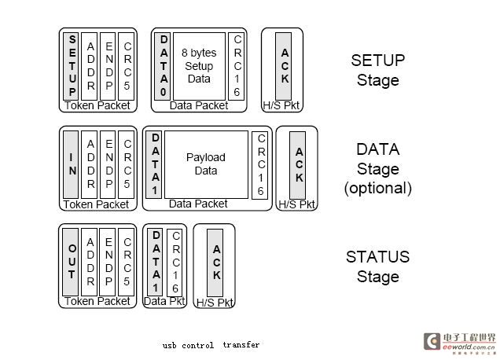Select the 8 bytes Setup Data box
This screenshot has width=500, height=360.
click(x=199, y=66)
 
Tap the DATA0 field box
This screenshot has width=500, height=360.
click(x=164, y=65)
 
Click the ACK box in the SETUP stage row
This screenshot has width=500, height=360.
click(x=285, y=66)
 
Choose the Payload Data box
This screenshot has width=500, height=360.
click(x=205, y=163)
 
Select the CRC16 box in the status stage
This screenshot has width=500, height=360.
click(x=175, y=263)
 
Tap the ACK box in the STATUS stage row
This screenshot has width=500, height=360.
click(x=216, y=263)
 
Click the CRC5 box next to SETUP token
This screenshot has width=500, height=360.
click(x=127, y=64)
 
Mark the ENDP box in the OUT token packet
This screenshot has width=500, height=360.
click(x=109, y=261)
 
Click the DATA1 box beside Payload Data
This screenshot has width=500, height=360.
click(x=156, y=163)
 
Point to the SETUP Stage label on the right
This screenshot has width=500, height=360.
click(x=377, y=70)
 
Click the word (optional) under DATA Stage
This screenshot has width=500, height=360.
click(x=377, y=188)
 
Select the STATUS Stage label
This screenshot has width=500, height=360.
click(x=377, y=266)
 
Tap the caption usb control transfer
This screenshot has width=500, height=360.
click(x=211, y=345)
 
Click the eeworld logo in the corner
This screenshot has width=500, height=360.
click(x=460, y=340)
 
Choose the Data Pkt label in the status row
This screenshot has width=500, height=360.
click(x=164, y=301)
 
